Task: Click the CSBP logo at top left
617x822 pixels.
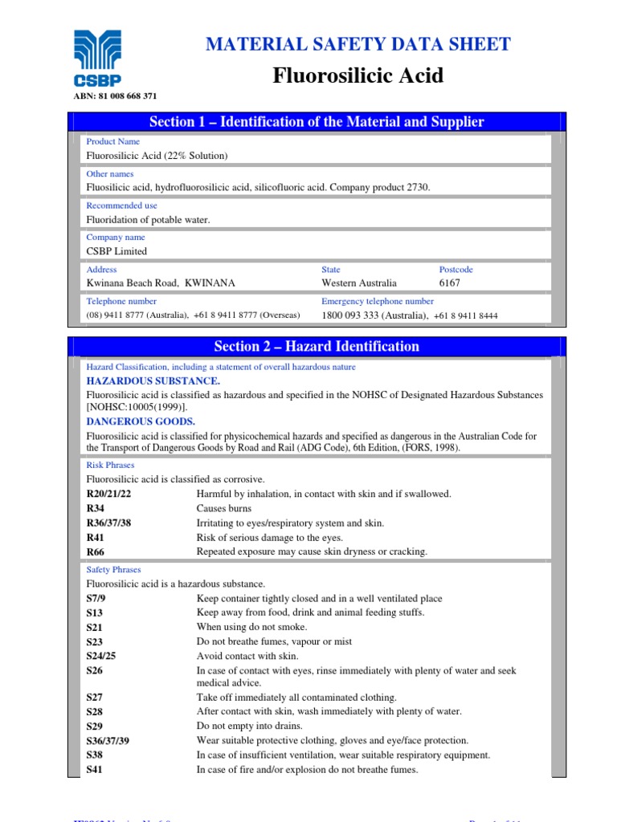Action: coord(97,59)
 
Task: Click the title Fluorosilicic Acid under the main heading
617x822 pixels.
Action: coord(358,76)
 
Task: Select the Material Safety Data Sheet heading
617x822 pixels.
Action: coord(358,44)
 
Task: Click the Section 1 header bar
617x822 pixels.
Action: coord(317,122)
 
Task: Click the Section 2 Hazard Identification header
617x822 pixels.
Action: coord(317,347)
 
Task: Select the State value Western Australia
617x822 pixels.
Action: coord(359,283)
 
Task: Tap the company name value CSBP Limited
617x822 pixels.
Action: coord(116,251)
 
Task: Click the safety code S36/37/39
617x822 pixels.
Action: coord(108,741)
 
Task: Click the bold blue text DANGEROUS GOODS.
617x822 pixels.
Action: coord(141,421)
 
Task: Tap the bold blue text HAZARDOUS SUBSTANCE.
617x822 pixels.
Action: coord(153,380)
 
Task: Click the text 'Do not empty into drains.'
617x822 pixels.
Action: coord(250,726)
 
